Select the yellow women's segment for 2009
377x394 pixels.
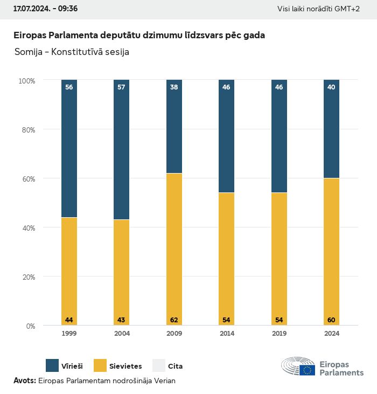coord(174,248)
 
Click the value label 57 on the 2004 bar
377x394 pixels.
coord(121,87)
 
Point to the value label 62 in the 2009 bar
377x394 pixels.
coord(174,320)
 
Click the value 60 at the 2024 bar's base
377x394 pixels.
coord(331,320)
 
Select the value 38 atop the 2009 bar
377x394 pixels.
coord(174,87)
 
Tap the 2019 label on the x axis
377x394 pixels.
coord(279,334)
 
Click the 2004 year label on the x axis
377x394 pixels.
coord(122,334)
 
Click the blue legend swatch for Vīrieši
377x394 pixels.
coord(52,365)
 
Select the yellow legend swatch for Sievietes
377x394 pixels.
coord(100,365)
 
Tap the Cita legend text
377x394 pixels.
coord(175,366)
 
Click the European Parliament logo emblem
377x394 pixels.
coord(298,367)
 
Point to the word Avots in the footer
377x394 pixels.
coord(24,381)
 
